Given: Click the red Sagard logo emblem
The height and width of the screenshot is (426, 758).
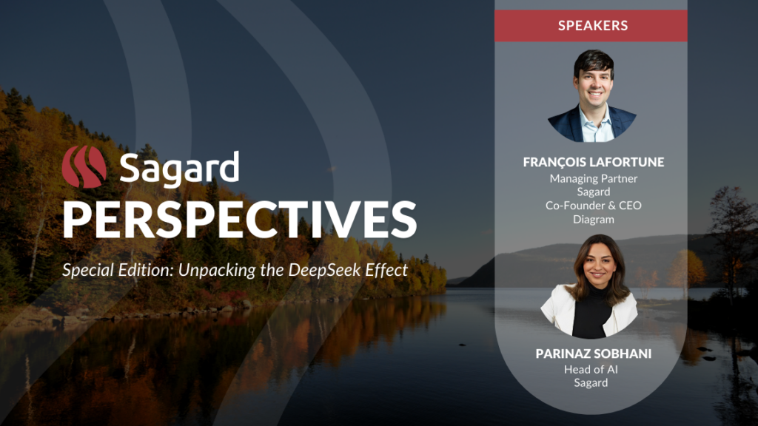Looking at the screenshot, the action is (84, 166).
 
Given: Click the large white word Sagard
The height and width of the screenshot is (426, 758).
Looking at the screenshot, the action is (179, 169).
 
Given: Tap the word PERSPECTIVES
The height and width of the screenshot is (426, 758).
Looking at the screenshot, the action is (240, 219).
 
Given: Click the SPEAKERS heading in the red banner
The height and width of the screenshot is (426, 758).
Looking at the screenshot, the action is (593, 26).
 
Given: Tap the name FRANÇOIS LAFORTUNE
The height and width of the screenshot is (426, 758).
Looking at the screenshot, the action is (593, 162).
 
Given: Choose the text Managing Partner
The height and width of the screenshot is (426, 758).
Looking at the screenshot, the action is (593, 179).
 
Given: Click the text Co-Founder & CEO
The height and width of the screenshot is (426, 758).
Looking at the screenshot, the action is (593, 206).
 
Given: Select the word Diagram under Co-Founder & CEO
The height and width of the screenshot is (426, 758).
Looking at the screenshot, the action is (593, 219).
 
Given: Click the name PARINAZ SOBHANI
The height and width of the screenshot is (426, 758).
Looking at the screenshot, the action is (593, 354).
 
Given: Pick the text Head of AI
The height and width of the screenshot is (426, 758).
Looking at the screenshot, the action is (591, 370).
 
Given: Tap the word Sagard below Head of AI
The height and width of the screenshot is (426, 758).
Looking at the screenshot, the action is (591, 383).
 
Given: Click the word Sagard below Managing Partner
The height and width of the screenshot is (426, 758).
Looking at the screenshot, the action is (593, 192).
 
